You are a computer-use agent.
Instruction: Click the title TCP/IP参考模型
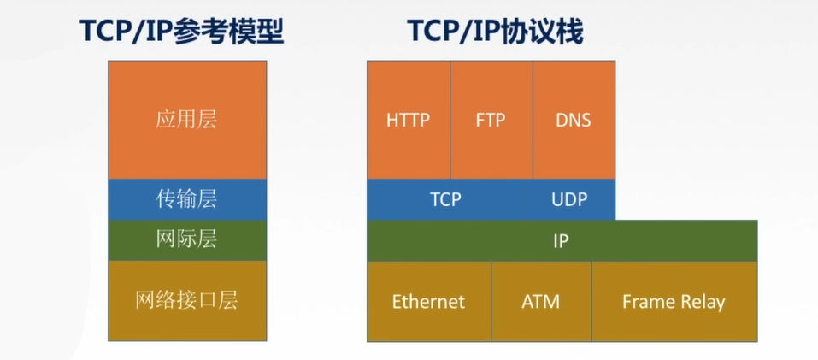pyautogui.click(x=181, y=32)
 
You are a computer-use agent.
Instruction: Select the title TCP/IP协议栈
pyautogui.click(x=495, y=32)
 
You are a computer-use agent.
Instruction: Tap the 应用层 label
pyautogui.click(x=186, y=119)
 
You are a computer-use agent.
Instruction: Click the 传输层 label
pyautogui.click(x=186, y=199)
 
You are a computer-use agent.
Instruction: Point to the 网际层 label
pyautogui.click(x=186, y=239)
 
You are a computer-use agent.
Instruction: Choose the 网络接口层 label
pyautogui.click(x=186, y=300)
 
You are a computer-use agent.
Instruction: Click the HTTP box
pyautogui.click(x=408, y=120)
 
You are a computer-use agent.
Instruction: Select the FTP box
pyautogui.click(x=491, y=120)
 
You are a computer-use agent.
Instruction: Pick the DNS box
pyautogui.click(x=574, y=120)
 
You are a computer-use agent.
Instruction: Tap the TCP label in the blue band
pyautogui.click(x=445, y=199)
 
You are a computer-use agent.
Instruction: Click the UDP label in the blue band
pyautogui.click(x=569, y=199)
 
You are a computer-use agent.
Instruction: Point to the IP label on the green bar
pyautogui.click(x=561, y=241)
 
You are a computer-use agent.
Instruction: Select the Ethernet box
pyautogui.click(x=428, y=302)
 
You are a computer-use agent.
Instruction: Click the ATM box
pyautogui.click(x=540, y=302)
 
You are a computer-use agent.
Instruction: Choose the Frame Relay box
pyautogui.click(x=674, y=302)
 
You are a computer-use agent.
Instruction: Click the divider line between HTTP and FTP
pyautogui.click(x=450, y=120)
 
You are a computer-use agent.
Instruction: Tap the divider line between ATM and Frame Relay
pyautogui.click(x=591, y=302)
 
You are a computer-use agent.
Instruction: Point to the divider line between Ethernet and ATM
pyautogui.click(x=491, y=302)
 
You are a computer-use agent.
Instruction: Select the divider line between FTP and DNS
pyautogui.click(x=533, y=120)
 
